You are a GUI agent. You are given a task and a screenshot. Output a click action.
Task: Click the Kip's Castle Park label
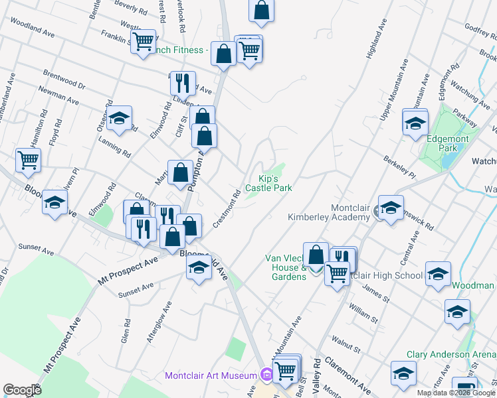[268, 183]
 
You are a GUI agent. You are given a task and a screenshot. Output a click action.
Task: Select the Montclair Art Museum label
[211, 376]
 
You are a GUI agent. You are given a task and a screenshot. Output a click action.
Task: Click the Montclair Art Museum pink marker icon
[267, 375]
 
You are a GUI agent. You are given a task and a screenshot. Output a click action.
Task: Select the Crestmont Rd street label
[227, 210]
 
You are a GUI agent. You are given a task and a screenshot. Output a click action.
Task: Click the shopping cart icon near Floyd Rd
[28, 159]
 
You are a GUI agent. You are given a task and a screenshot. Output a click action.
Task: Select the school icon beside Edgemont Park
[415, 123]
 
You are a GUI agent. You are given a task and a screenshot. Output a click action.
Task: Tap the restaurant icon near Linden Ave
[182, 83]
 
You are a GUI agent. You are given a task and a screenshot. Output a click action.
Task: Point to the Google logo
[22, 390]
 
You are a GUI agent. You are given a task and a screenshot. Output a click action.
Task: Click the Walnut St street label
[346, 346]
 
